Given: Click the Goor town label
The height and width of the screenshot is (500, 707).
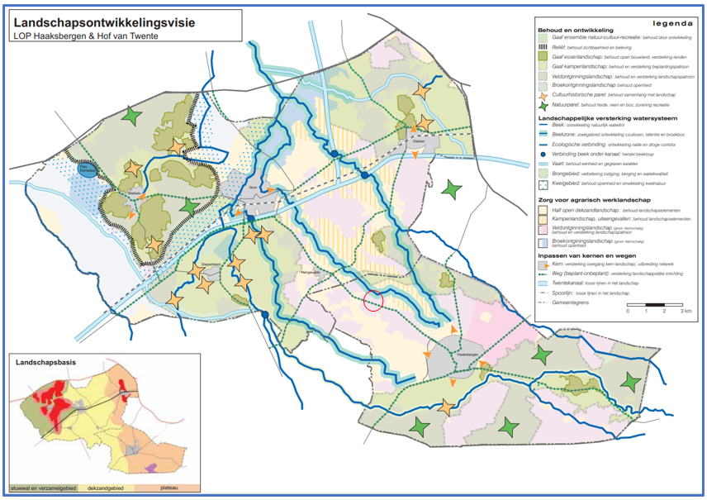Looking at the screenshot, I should [253, 188].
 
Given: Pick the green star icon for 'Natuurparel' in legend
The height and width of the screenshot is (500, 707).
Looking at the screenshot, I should [545, 106].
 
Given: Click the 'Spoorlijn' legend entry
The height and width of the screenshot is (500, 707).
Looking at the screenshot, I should [577, 293].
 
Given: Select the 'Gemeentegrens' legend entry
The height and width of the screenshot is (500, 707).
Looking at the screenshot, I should [582, 303].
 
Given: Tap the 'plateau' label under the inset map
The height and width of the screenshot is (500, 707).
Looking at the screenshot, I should [168, 489].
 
